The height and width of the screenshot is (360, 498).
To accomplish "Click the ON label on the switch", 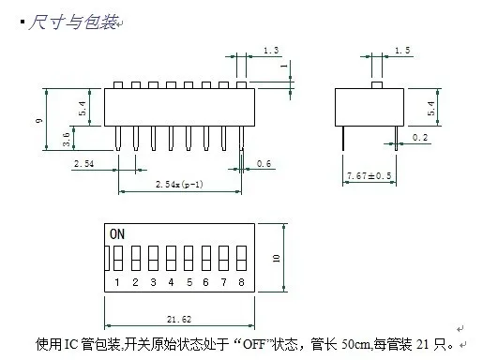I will pyautogui.click(x=117, y=232).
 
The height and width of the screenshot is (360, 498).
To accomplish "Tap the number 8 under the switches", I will pyautogui.click(x=242, y=281).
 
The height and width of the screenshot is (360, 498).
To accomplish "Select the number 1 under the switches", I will pyautogui.click(x=116, y=281).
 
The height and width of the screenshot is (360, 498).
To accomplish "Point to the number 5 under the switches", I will pyautogui.click(x=189, y=281).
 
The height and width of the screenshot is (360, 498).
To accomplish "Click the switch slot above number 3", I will pyautogui.click(x=153, y=258).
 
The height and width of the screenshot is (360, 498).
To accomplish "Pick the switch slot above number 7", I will pyautogui.click(x=224, y=258).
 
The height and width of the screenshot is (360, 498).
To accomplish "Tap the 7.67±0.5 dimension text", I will pyautogui.click(x=368, y=175).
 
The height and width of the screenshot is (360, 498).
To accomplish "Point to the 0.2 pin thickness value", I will pyautogui.click(x=420, y=138).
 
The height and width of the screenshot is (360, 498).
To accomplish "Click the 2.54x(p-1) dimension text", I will pyautogui.click(x=178, y=183).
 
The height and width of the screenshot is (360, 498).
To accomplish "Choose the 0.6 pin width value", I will pyautogui.click(x=265, y=164).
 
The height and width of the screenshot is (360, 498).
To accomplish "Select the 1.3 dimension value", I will pyautogui.click(x=271, y=50).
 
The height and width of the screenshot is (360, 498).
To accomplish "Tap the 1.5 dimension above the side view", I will pyautogui.click(x=402, y=50).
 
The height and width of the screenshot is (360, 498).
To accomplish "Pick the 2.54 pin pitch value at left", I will pyautogui.click(x=84, y=164).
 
